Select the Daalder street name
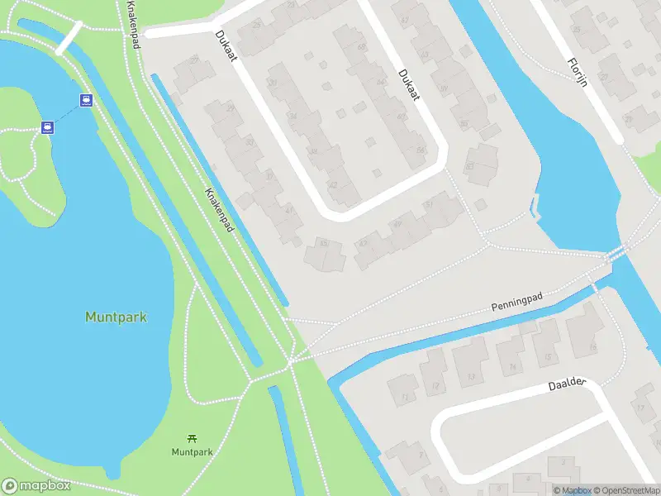(x=567, y=385)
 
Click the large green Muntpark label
(x=116, y=317)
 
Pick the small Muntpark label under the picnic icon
(x=192, y=452)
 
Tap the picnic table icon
(x=192, y=437)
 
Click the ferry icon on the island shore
(x=48, y=127)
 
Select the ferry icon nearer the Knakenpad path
(x=86, y=100)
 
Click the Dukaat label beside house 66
(x=408, y=85)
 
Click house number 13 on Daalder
(x=471, y=376)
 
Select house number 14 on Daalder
(x=512, y=367)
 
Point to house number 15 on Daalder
(x=548, y=357)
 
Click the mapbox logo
(x=37, y=486)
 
